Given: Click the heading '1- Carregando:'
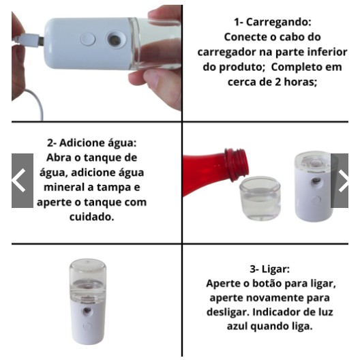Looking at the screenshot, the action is pos(273,22).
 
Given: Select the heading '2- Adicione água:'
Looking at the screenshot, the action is pos(92,142).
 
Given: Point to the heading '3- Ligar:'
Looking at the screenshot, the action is pos(270,269).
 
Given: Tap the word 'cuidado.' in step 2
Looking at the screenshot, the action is pos(91,217).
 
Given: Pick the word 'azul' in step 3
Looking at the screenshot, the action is pos(237,326).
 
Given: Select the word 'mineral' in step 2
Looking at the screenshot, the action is pos(64,187).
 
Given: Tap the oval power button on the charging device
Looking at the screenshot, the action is pos(88,40).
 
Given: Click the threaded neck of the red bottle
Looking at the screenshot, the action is pos(237,164).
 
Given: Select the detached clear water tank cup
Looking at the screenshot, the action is pos(260,198).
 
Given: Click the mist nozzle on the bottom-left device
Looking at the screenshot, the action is pos(87,311).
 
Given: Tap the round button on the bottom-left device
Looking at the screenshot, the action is pos(87,326).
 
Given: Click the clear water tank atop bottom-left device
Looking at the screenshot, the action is pos(88,282).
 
